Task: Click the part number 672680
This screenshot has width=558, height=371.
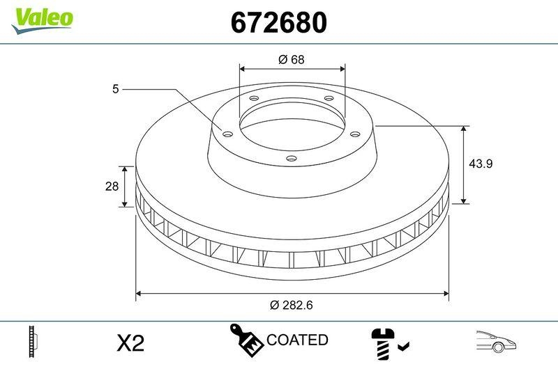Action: pyautogui.click(x=278, y=24)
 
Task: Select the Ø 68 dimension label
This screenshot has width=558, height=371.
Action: pyautogui.click(x=292, y=60)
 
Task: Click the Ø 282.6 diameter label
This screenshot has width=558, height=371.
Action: pyautogui.click(x=292, y=305)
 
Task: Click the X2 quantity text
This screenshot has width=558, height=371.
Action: pyautogui.click(x=130, y=342)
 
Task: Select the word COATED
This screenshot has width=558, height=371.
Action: pyautogui.click(x=297, y=340)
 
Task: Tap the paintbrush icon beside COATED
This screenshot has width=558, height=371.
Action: pyautogui.click(x=247, y=340)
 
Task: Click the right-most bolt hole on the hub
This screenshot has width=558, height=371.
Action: pyautogui.click(x=354, y=134)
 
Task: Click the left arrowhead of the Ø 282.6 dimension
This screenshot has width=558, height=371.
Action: pyautogui.click(x=139, y=293)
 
